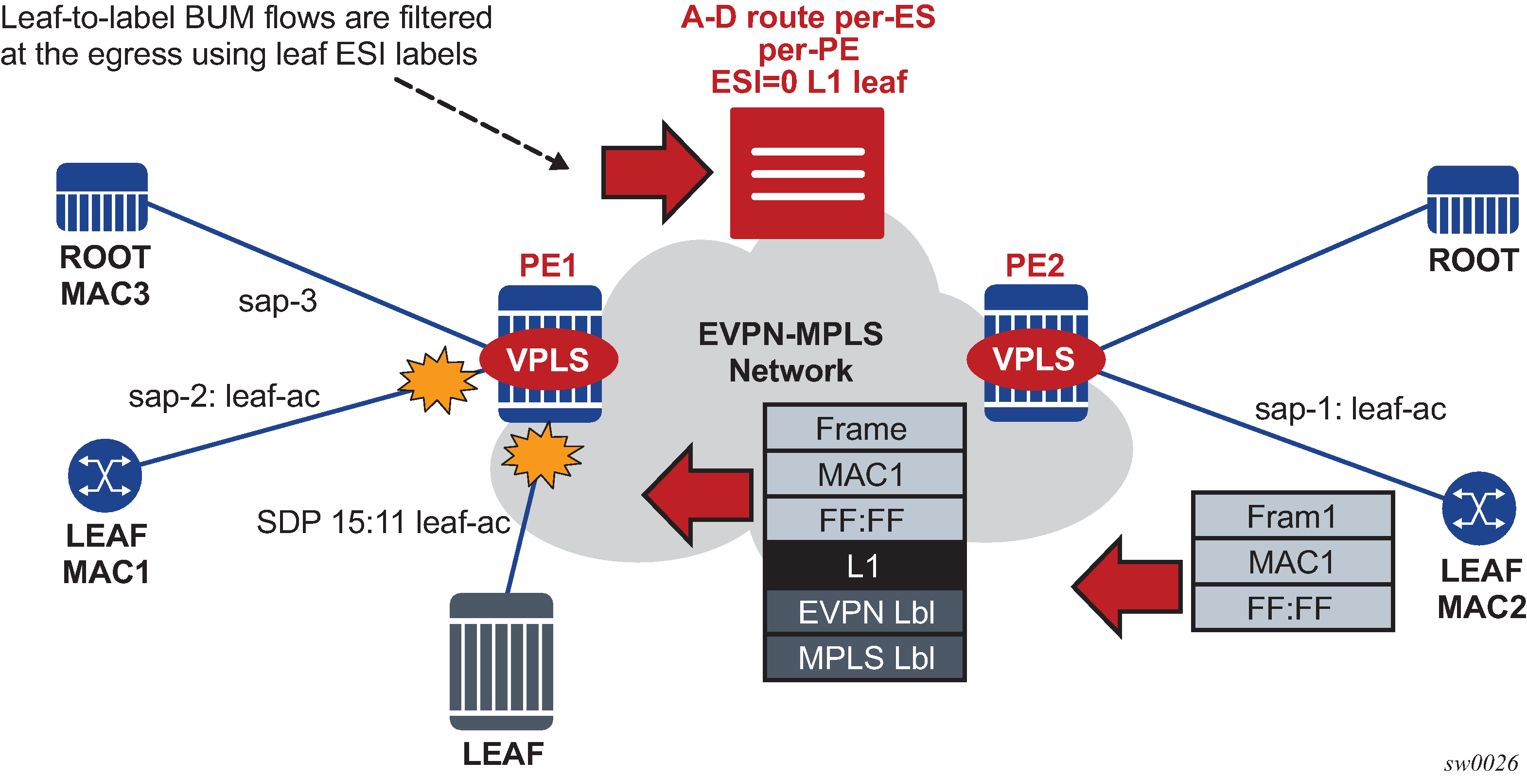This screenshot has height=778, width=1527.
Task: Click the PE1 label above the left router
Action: pyautogui.click(x=548, y=265)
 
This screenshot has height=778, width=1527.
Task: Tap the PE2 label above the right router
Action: pyautogui.click(x=1035, y=265)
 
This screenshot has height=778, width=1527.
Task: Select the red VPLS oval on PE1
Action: pyautogui.click(x=548, y=359)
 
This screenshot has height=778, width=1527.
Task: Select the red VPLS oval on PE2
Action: pyautogui.click(x=1035, y=359)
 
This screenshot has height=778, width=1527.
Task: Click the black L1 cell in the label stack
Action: pyautogui.click(x=864, y=566)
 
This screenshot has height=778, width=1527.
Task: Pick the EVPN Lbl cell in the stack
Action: pyautogui.click(x=864, y=612)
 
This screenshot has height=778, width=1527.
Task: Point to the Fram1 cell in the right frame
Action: pyautogui.click(x=1292, y=516)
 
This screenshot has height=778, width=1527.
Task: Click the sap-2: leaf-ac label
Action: pyautogui.click(x=224, y=396)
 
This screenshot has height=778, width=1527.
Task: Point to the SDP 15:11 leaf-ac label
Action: pyautogui.click(x=383, y=522)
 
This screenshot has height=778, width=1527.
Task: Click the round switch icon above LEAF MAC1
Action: pyautogui.click(x=105, y=475)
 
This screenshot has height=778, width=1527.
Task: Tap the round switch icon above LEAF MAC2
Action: pyautogui.click(x=1478, y=508)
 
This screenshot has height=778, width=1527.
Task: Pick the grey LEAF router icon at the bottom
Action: pyautogui.click(x=502, y=661)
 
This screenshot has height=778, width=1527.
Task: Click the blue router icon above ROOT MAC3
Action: pyautogui.click(x=102, y=197)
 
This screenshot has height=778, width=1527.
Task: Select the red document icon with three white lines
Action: pyautogui.click(x=807, y=173)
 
